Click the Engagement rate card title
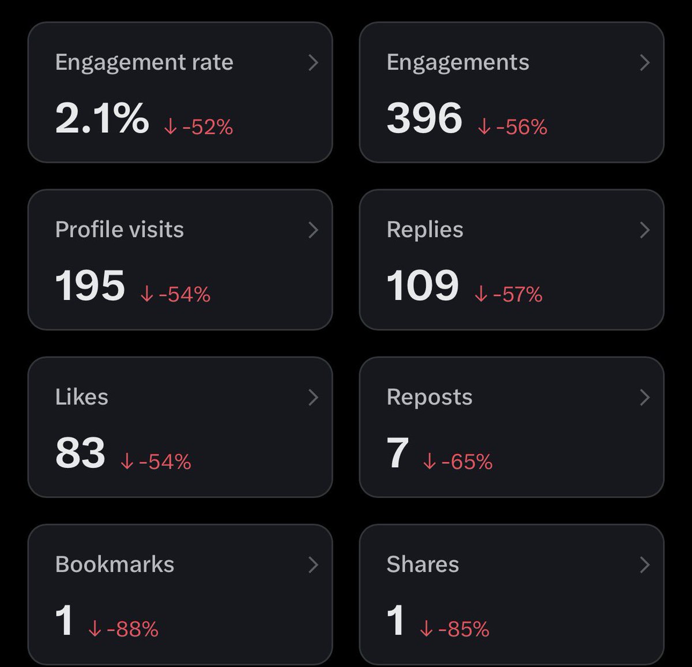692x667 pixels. (144, 63)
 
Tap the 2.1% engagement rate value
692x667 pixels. (102, 118)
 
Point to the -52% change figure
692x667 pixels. (208, 126)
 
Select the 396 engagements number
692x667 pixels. (424, 118)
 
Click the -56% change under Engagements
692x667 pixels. (522, 126)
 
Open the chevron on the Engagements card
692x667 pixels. (645, 63)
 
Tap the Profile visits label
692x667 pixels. (119, 230)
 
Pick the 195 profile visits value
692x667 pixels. (90, 285)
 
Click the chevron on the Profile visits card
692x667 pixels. (313, 230)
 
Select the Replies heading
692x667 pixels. (425, 230)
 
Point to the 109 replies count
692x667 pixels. (423, 285)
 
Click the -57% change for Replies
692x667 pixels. (518, 294)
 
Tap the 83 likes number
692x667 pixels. (80, 452)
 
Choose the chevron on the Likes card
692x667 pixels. (313, 398)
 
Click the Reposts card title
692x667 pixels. (430, 398)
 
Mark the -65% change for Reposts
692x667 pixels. (467, 462)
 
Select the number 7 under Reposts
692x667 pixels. (397, 452)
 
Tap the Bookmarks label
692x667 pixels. (115, 564)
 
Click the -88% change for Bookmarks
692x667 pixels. (133, 628)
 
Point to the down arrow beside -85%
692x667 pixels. (426, 628)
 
